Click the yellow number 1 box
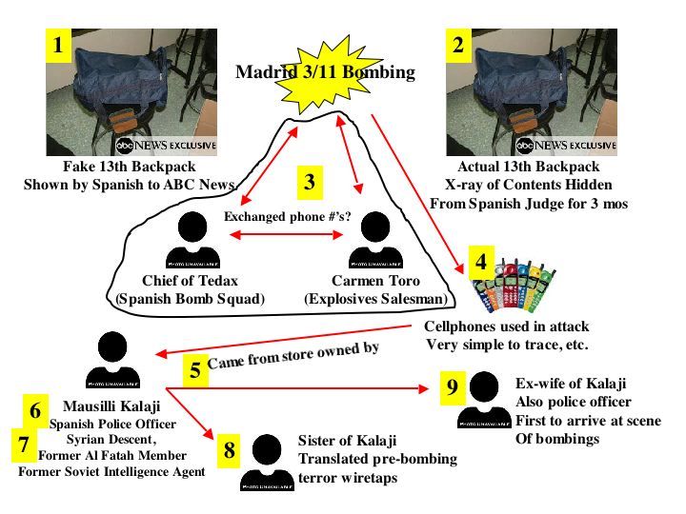point(59,45)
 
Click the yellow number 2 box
point(459,45)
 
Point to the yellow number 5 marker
point(195,368)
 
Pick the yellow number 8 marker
point(230,449)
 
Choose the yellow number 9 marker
point(453,386)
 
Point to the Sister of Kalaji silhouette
point(268,463)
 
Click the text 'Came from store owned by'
point(293,354)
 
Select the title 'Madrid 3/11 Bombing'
point(325,72)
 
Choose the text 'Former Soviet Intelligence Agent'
point(111,470)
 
